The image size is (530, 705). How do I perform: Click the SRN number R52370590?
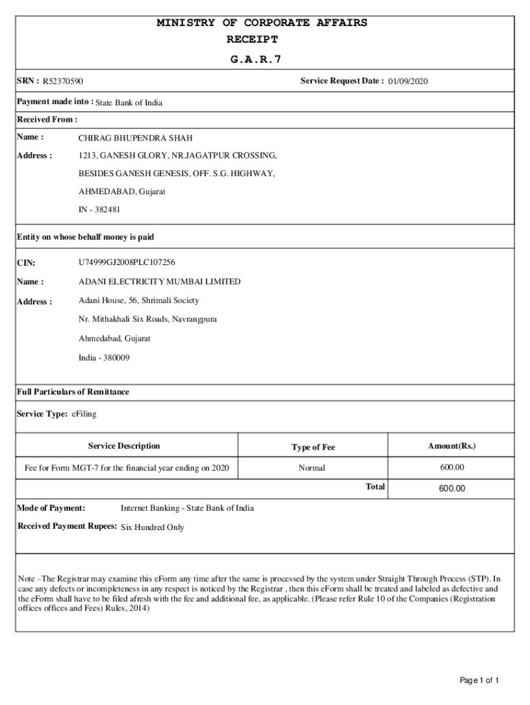[x=63, y=82]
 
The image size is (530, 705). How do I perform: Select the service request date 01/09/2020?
[x=407, y=82]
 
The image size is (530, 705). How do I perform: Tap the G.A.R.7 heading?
[x=256, y=59]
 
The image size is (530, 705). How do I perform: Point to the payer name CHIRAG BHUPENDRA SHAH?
[x=136, y=138]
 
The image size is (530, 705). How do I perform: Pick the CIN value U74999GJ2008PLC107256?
[x=127, y=262]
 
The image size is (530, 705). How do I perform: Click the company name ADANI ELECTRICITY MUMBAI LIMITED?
[x=160, y=282]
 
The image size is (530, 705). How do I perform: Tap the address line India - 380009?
[x=104, y=358]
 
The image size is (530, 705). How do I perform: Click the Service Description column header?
[x=124, y=446]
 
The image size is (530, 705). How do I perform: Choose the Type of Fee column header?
[x=313, y=448]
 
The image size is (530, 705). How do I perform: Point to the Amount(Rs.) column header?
[x=452, y=446]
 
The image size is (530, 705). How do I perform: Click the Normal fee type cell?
[x=312, y=468]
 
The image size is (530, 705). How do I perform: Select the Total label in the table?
[x=375, y=487]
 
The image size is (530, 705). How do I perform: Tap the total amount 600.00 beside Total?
[x=452, y=489]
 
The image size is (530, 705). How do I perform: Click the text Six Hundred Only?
[x=152, y=527]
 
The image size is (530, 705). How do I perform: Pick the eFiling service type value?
[x=84, y=414]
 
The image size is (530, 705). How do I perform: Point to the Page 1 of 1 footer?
[x=479, y=681]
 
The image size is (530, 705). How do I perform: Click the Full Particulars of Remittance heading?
[x=73, y=392]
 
